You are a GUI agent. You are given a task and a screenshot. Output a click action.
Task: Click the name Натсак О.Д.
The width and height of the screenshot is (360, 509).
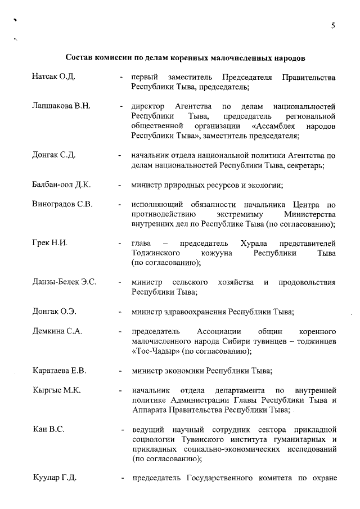pyautogui.click(x=53, y=76)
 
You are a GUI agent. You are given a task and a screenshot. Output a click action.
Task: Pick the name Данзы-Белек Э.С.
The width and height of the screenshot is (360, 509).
pyautogui.click(x=64, y=282)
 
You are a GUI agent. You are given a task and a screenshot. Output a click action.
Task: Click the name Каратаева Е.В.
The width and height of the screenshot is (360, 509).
pyautogui.click(x=59, y=371)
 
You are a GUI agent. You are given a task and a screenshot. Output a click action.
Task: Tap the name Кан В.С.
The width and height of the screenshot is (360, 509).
pyautogui.click(x=48, y=430)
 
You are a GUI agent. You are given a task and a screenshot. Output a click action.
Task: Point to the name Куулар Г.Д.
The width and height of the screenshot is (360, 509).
pyautogui.click(x=55, y=478)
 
